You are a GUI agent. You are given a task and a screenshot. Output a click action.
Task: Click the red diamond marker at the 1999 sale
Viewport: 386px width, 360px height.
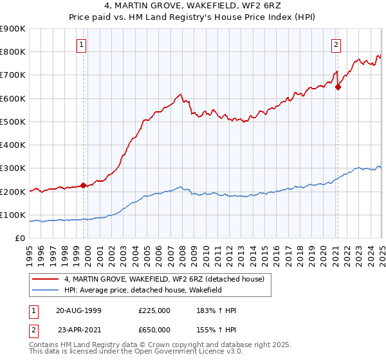84,186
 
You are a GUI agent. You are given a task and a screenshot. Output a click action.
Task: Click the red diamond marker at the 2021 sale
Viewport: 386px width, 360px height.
338,87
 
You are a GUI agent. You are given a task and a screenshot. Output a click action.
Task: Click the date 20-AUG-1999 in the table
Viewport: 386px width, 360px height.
78,310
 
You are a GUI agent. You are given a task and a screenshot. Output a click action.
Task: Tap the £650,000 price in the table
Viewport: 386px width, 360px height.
154,329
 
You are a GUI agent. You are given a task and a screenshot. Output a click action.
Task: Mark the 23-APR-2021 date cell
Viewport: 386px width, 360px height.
78,329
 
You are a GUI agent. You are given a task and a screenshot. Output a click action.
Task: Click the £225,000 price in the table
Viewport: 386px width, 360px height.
154,310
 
